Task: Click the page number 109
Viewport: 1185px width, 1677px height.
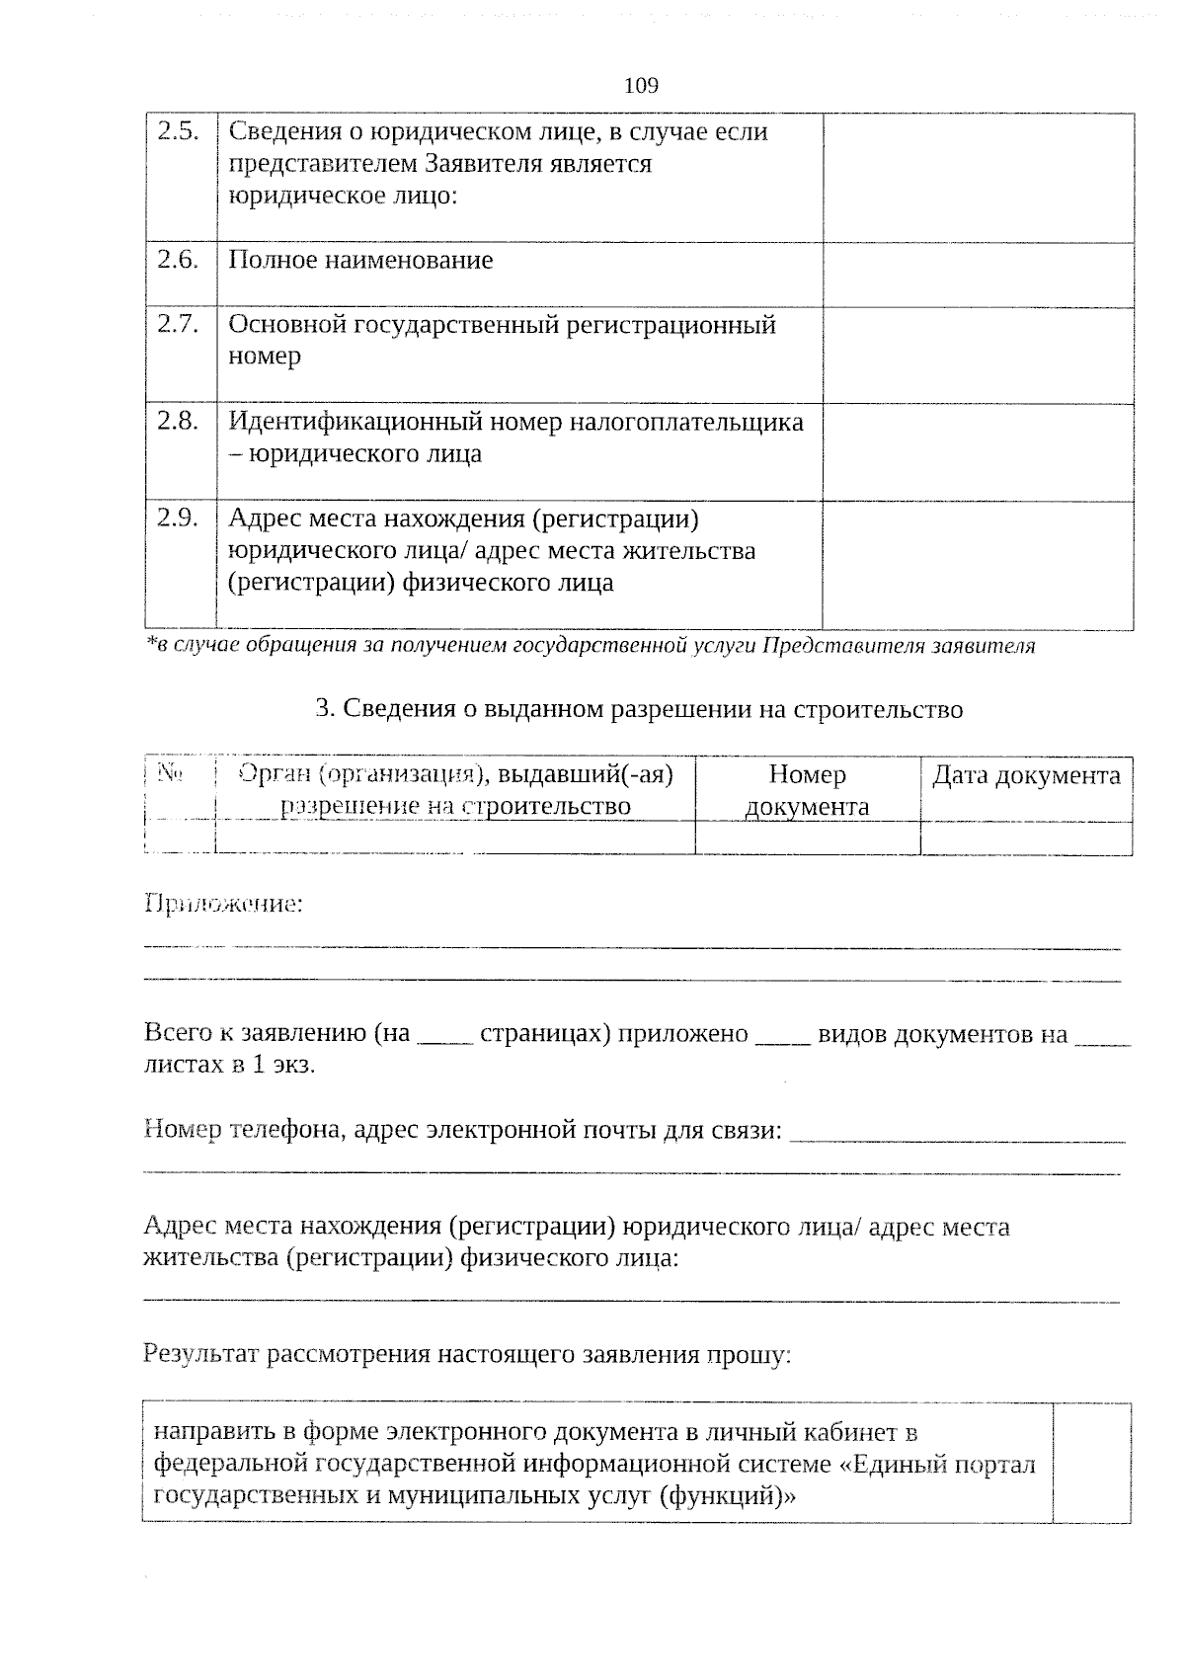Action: tap(641, 86)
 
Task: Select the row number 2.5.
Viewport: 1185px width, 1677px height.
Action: tap(180, 131)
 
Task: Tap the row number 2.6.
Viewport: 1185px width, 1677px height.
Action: tap(180, 260)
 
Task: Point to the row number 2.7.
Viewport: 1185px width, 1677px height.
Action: tap(180, 324)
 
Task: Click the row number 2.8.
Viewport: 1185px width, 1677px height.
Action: tap(180, 421)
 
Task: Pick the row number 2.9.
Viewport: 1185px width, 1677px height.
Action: tap(180, 518)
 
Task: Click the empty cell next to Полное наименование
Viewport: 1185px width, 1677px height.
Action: tap(978, 275)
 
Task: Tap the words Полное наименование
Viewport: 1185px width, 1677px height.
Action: tap(360, 261)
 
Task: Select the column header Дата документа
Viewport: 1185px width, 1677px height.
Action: tap(1026, 776)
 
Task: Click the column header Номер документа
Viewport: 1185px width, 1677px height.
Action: tap(807, 790)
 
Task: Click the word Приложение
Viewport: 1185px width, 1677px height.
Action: tap(223, 904)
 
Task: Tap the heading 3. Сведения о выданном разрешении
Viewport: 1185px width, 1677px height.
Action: tap(639, 709)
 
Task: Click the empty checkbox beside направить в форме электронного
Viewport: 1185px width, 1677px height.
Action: tap(1091, 1462)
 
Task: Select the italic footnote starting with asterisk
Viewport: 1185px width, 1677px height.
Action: tap(590, 646)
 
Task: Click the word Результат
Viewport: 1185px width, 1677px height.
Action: tap(204, 1354)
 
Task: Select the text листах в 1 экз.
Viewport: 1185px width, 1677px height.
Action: tap(229, 1066)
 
